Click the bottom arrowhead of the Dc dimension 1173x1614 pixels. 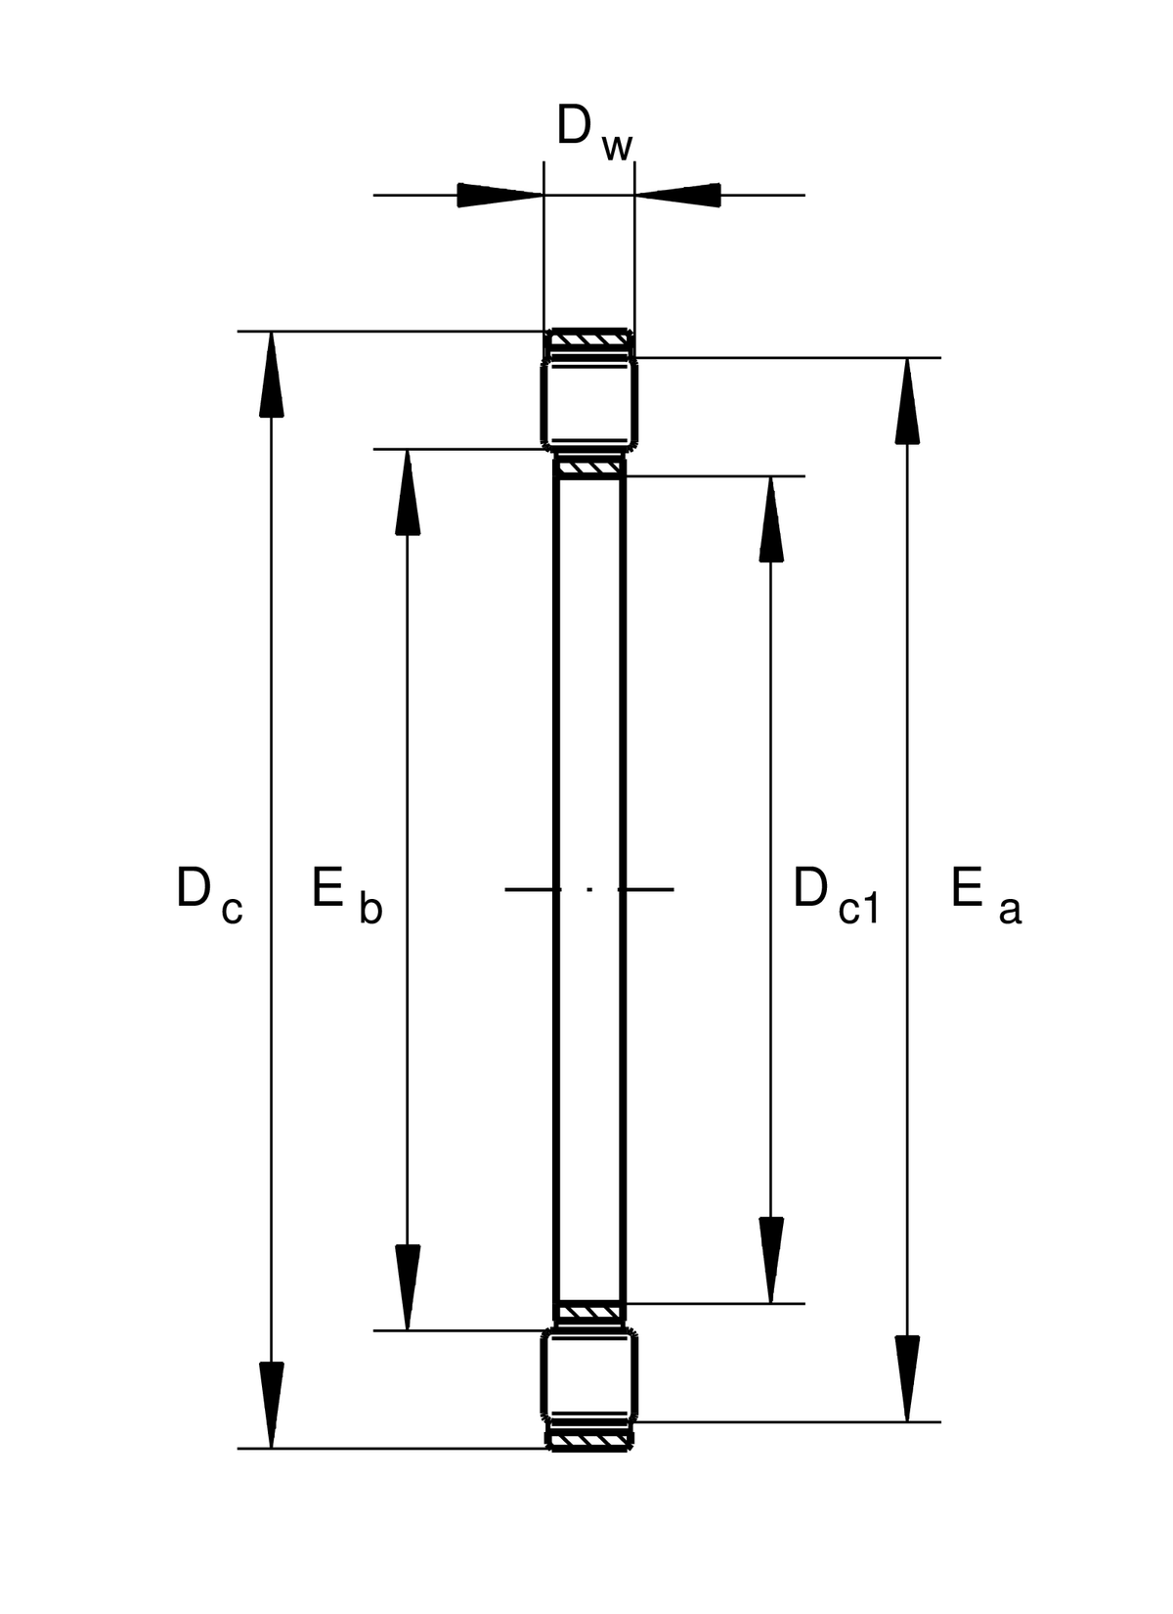(x=272, y=1405)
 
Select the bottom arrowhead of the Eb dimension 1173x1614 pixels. (x=408, y=1287)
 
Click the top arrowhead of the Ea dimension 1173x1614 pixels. (x=908, y=401)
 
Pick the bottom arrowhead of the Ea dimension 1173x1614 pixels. (x=908, y=1378)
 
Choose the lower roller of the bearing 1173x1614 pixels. (x=590, y=1374)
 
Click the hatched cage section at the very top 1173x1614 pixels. (x=589, y=340)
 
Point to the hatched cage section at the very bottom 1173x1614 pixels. (x=589, y=1439)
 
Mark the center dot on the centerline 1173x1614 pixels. (x=589, y=889)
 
